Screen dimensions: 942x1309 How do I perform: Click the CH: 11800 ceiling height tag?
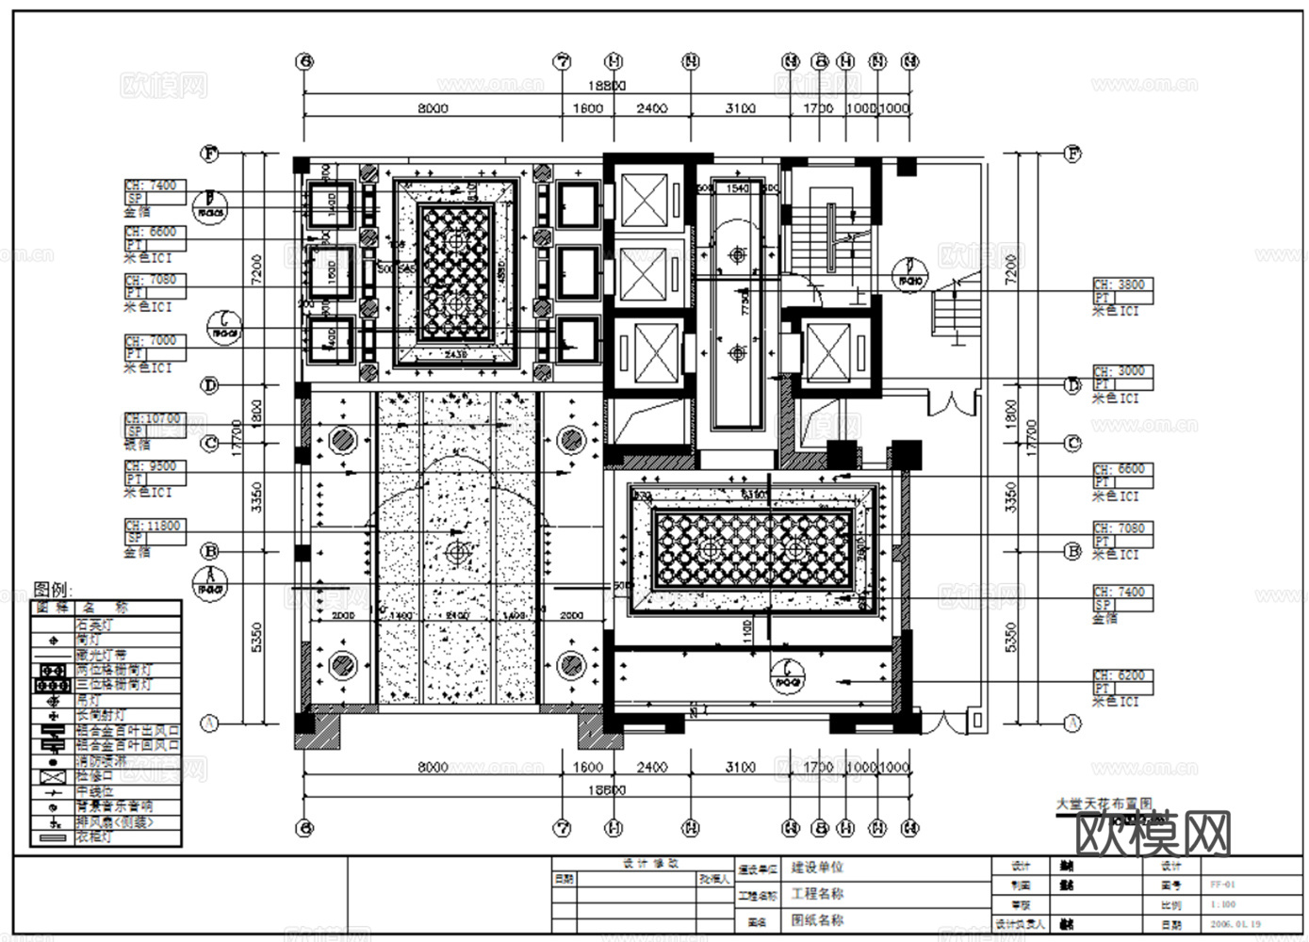[154, 527]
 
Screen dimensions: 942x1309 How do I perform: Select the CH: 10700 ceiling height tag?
[154, 419]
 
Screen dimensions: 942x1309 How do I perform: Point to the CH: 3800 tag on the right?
[1121, 284]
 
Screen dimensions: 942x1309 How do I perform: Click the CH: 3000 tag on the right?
[1121, 372]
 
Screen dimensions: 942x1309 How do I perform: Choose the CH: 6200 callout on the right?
[1121, 676]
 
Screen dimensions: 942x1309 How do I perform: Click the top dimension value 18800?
[607, 86]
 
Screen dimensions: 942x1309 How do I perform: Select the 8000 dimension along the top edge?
[433, 108]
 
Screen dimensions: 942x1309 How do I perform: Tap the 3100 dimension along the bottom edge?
[740, 768]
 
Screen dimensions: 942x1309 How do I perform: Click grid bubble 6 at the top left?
[303, 62]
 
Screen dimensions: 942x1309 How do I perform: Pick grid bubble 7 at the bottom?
[562, 828]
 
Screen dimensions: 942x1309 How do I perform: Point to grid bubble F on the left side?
[210, 153]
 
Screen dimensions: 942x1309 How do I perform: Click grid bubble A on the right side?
[1072, 723]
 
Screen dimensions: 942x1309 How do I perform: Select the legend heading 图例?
[52, 590]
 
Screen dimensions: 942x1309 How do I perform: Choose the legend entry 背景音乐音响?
[113, 806]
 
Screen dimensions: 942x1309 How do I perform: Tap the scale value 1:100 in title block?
[1223, 904]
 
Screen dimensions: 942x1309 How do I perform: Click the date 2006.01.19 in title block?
[1235, 925]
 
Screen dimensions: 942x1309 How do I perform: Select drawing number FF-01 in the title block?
[1222, 885]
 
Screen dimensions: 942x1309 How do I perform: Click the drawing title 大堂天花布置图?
[1104, 804]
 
